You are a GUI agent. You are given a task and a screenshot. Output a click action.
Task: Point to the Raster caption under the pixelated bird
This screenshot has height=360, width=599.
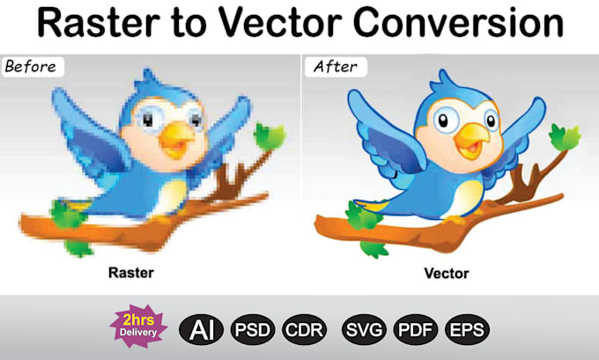130,272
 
